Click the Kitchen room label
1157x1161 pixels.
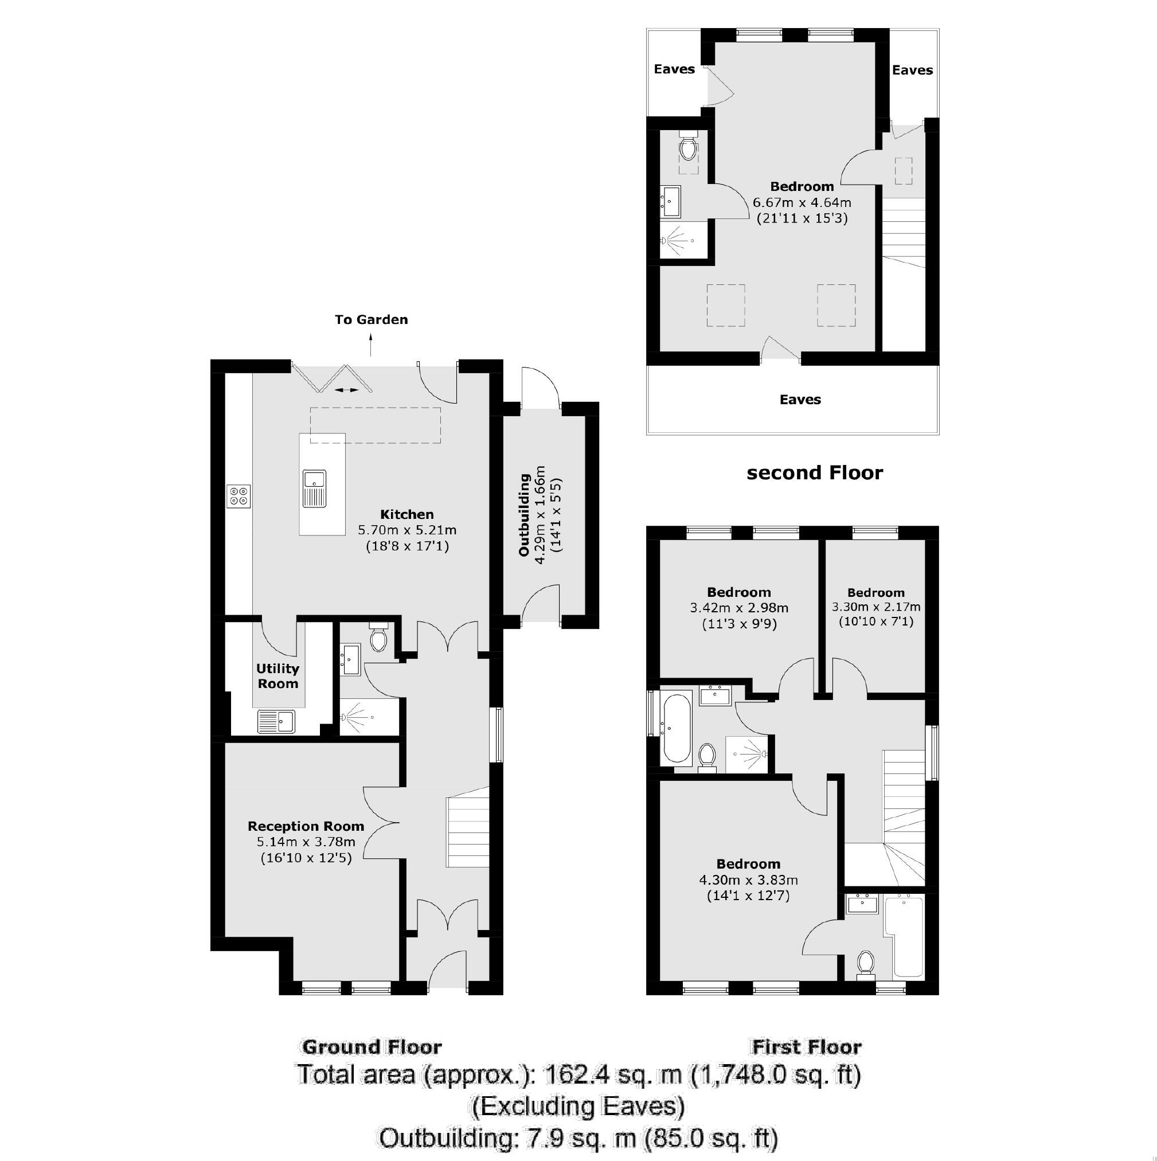[x=406, y=514]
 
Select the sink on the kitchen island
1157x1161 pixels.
[x=314, y=488]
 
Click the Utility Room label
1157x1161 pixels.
[x=277, y=676]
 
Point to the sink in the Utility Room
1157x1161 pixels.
[x=276, y=721]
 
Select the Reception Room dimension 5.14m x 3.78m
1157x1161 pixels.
[x=306, y=842]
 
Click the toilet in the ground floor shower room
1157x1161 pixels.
[x=378, y=639]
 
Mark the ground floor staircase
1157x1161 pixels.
[x=467, y=832]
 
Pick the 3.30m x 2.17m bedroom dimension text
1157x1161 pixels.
[x=875, y=607]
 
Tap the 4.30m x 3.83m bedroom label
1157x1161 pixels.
[x=748, y=881]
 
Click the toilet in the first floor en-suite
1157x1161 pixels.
[x=866, y=963]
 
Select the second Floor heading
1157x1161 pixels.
[x=814, y=474]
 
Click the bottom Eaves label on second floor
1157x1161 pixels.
[x=799, y=400]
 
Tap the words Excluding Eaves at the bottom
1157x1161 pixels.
[x=577, y=1105]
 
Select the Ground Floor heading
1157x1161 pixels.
[x=372, y=1047]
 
